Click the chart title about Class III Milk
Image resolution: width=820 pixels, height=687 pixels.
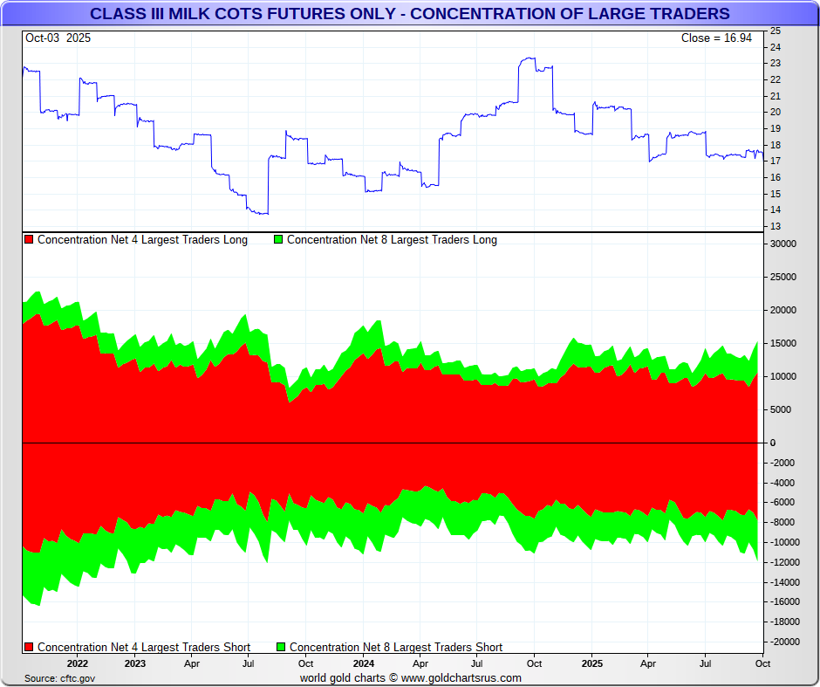410,14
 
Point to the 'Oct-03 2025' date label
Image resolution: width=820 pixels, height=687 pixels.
58,38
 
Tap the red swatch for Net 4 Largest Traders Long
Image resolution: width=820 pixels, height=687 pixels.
29,240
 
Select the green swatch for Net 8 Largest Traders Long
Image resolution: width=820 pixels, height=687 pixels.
278,240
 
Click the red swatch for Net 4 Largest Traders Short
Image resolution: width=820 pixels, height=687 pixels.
29,648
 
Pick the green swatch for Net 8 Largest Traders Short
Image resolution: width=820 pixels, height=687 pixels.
281,648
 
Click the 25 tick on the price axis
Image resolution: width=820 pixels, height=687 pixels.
775,31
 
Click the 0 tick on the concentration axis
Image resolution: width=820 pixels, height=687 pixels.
773,443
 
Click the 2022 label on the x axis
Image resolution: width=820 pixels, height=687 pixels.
77,663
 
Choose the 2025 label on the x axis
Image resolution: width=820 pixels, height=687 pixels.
591,663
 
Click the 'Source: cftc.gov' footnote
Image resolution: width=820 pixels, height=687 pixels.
59,678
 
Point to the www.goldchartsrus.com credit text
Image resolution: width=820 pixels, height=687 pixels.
410,678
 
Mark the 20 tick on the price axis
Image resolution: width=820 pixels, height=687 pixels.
775,113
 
